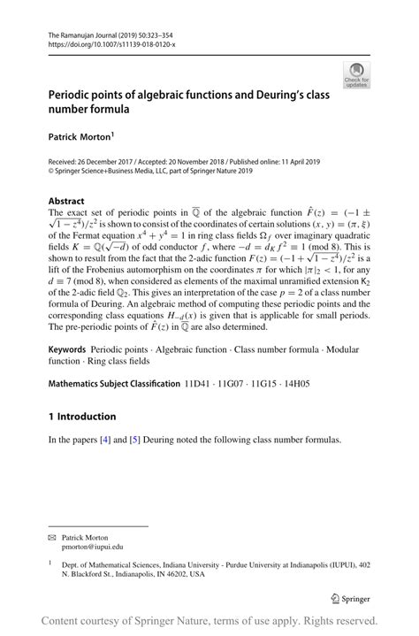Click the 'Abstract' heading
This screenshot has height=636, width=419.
click(66, 201)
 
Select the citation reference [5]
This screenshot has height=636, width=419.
click(134, 440)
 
